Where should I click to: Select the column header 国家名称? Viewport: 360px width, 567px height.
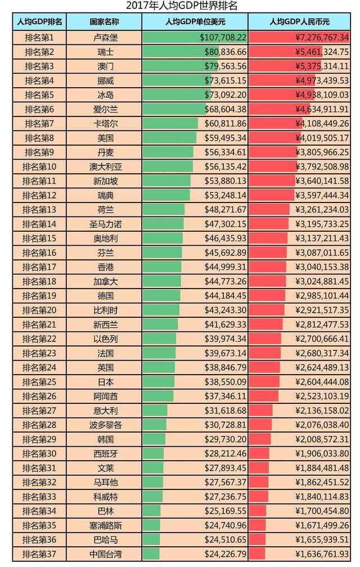point(105,22)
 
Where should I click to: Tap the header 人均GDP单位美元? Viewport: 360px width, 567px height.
point(195,22)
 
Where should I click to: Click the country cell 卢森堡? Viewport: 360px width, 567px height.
point(105,38)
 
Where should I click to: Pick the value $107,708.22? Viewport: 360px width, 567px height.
point(223,38)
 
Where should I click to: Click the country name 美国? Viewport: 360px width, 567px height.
point(105,138)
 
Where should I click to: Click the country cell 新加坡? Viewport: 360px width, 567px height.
point(105,181)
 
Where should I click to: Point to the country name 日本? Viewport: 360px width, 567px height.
point(105,381)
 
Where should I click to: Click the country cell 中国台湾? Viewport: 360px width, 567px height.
point(105,553)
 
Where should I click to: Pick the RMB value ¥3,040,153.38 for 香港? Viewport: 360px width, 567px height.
point(322,267)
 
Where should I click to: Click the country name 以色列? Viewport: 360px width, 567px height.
point(105,339)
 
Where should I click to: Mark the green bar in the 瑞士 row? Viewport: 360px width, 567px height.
point(174,52)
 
